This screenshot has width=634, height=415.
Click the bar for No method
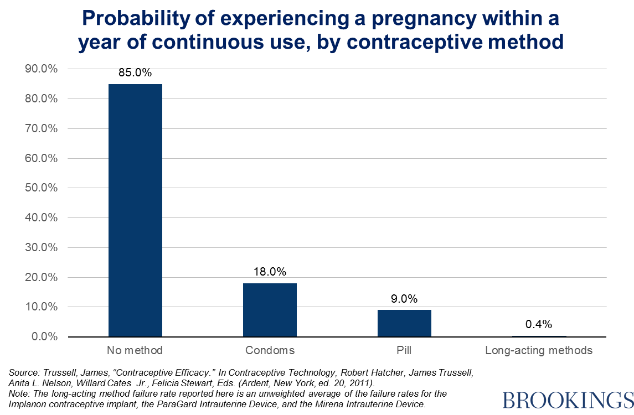(135, 210)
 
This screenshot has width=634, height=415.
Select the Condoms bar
(270, 310)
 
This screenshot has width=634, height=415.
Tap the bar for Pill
(404, 323)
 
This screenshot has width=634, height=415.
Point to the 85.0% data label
(135, 72)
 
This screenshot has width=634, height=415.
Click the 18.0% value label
(270, 272)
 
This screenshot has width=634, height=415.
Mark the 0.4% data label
(539, 324)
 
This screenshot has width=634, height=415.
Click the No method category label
(135, 350)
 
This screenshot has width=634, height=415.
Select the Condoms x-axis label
(270, 350)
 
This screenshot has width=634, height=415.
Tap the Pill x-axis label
(404, 350)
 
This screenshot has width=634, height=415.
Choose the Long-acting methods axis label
(539, 350)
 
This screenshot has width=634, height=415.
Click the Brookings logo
(568, 400)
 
